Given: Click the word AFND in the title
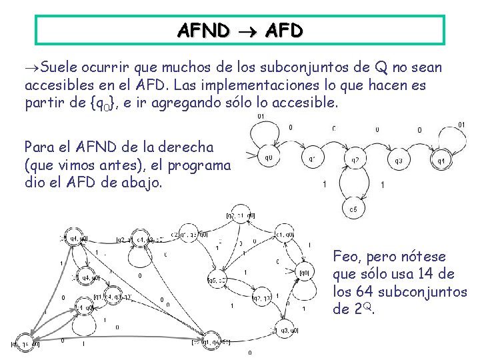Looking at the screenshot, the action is click(x=203, y=31).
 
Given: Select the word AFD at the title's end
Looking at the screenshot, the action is click(x=283, y=31).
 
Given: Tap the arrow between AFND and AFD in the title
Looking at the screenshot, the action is click(x=246, y=31).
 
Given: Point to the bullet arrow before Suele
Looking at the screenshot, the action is click(x=31, y=68).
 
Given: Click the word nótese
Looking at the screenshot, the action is click(x=425, y=257).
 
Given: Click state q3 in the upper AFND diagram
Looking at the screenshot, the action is click(x=398, y=161).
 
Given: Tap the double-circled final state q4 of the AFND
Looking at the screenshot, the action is click(x=441, y=160).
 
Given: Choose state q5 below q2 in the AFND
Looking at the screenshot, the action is click(x=354, y=210).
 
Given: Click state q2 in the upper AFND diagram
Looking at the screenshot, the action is click(x=355, y=160).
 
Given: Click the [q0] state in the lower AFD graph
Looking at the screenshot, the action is click(x=304, y=272).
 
